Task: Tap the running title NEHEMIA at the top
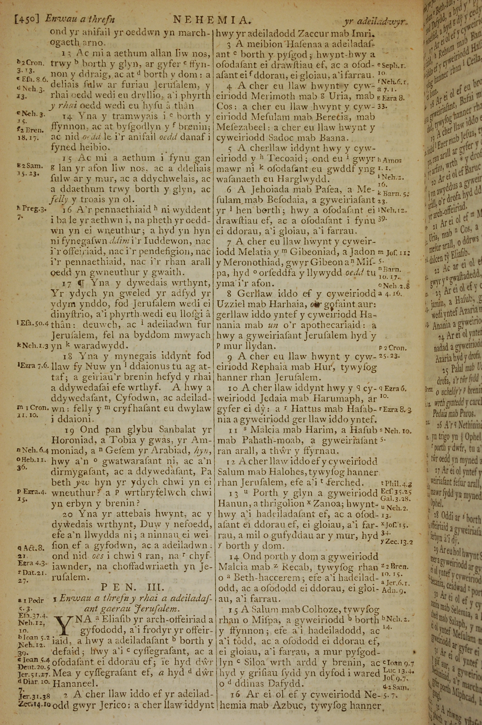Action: click(211, 20)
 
